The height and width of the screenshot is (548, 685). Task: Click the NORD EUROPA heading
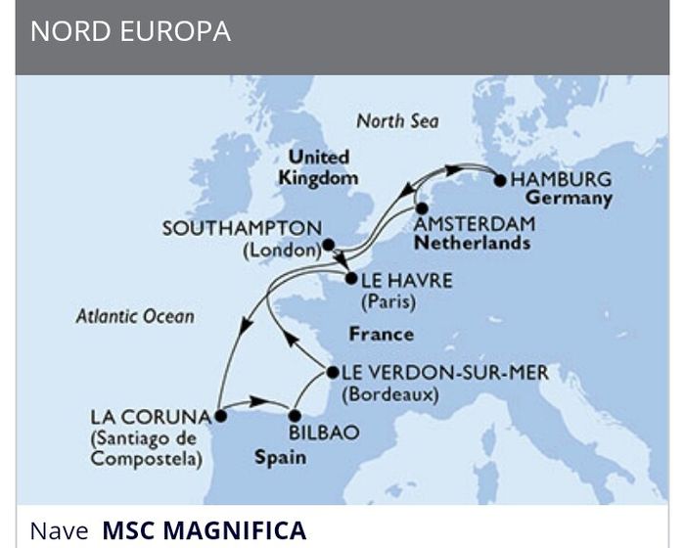click(x=130, y=31)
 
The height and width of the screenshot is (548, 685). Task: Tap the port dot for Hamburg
click(x=500, y=180)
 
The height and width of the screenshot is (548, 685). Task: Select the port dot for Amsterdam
click(x=421, y=208)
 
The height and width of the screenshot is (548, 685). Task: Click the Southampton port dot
click(x=329, y=245)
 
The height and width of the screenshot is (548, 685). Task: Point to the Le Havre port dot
click(x=350, y=280)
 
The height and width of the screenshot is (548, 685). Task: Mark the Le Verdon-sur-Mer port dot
click(x=333, y=372)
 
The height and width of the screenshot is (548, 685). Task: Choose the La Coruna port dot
click(x=220, y=415)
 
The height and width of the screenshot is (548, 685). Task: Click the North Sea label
click(x=397, y=121)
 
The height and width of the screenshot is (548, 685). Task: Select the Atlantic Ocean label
click(x=135, y=316)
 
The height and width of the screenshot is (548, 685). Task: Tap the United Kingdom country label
click(x=318, y=167)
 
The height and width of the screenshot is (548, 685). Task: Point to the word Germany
click(x=573, y=199)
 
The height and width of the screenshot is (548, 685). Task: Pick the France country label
click(x=381, y=335)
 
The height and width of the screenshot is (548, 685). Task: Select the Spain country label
click(x=280, y=457)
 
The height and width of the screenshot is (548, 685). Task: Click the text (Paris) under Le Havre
click(x=388, y=302)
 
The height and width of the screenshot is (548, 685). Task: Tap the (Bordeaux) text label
click(x=389, y=395)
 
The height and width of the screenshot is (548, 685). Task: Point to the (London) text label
click(x=281, y=251)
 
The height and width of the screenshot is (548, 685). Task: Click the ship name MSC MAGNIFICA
click(x=204, y=531)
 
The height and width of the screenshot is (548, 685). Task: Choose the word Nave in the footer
click(x=59, y=531)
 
